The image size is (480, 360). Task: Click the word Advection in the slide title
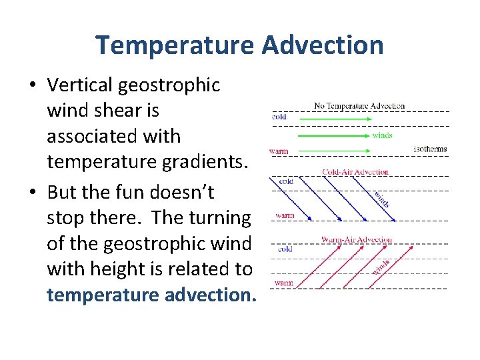click(323, 45)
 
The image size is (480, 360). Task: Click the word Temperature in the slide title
click(175, 45)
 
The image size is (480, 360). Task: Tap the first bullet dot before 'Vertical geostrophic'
click(33, 86)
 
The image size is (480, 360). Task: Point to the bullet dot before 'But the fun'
click(33, 193)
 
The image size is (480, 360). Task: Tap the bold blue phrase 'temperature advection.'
click(151, 294)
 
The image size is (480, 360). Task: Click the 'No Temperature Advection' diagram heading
click(359, 106)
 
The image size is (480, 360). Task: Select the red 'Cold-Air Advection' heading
click(355, 172)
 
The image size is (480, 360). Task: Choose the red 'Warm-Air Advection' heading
click(356, 239)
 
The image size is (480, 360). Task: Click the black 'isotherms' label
click(430, 149)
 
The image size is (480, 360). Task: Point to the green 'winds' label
click(382, 135)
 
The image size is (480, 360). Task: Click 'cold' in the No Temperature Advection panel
click(279, 117)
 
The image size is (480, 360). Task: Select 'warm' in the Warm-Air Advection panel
click(283, 283)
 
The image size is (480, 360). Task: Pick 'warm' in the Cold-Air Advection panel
click(285, 215)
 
